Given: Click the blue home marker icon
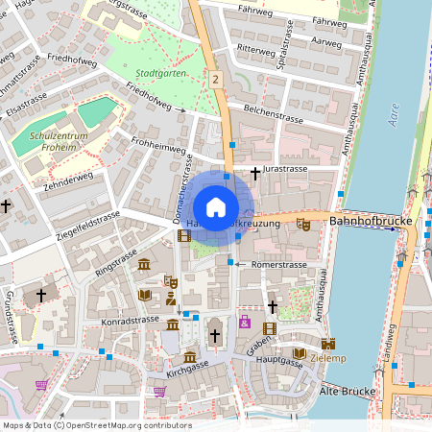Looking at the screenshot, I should coord(216,207).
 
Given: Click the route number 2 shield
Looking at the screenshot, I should coord(217,80).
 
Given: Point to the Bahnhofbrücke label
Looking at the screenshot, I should coord(370,222).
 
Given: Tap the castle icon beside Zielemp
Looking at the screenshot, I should coord(328,343).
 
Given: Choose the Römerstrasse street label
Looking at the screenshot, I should coord(278,265).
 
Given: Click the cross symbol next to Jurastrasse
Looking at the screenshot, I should coord(254,173).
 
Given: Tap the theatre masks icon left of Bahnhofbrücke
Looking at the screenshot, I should coord(303,224).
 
